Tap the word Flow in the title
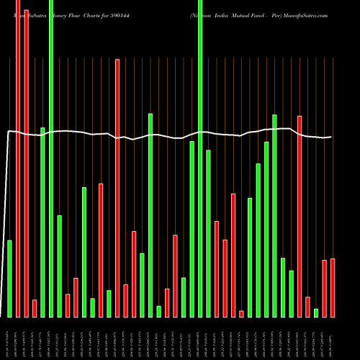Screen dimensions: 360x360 (x=86, y=15)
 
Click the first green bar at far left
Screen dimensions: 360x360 (x=10, y=278)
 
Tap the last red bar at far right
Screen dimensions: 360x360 (x=332, y=288)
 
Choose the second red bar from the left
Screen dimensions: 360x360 (x=27, y=158)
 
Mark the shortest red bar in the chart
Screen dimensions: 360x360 (x=241, y=313)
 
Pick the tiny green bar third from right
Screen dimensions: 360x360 (x=315, y=312)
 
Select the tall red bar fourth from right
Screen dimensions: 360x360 (x=299, y=216)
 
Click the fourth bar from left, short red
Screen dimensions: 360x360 (x=35, y=308)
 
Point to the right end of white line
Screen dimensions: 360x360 (x=331, y=137)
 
